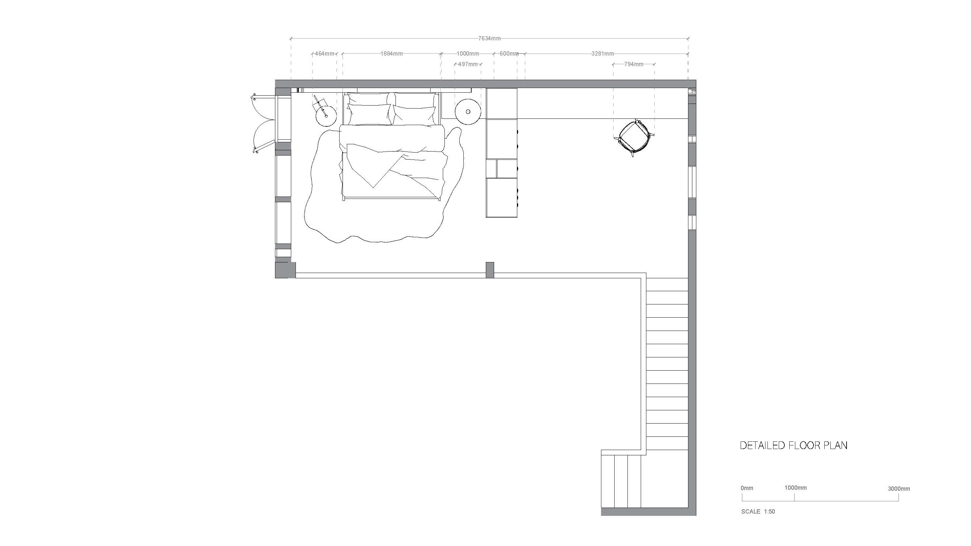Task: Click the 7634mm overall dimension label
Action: pos(489,38)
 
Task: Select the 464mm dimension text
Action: pos(325,54)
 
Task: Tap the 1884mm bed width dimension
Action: pos(391,54)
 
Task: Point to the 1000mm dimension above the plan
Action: pos(468,54)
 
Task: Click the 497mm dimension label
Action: pos(468,64)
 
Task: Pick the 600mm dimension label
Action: pos(509,54)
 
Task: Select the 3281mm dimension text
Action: pos(602,54)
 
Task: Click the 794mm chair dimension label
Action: pos(634,64)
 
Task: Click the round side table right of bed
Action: pos(468,112)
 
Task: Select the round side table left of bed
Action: pos(326,116)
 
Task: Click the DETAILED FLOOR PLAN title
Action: pos(794,445)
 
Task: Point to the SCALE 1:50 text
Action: pos(758,511)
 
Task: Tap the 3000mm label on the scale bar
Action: pos(899,489)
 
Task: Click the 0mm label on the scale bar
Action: pos(747,488)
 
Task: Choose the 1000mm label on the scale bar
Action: pos(796,487)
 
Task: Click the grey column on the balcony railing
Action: pos(490,270)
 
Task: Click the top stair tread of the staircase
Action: pos(667,285)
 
